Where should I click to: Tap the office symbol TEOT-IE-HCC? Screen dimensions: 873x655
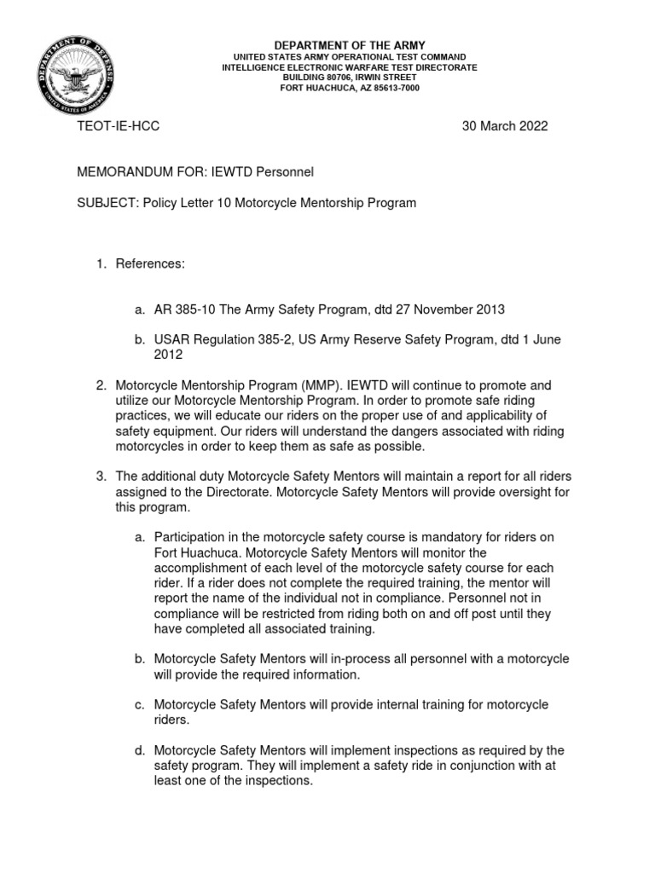[x=119, y=126]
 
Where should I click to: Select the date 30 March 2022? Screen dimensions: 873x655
[x=505, y=126]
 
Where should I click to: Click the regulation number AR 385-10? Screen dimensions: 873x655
[x=183, y=308]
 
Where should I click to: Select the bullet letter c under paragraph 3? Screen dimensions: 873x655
[x=139, y=705]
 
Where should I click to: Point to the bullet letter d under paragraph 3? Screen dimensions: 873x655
[x=139, y=750]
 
